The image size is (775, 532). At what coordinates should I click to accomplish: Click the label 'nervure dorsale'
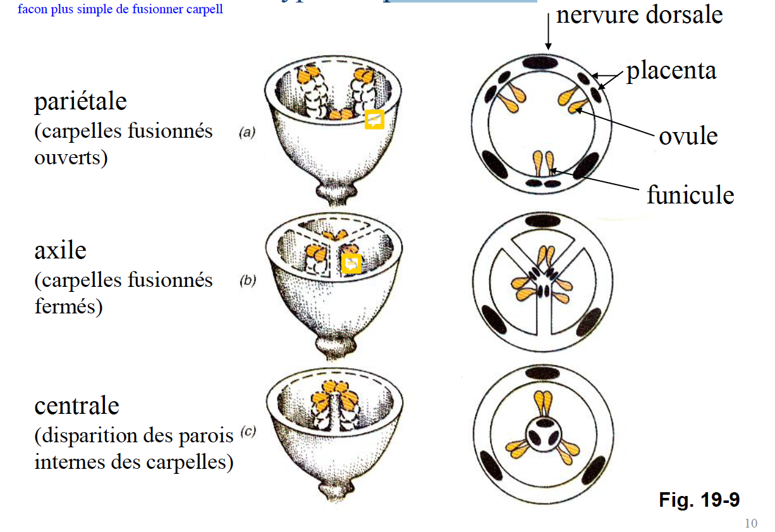click(x=639, y=15)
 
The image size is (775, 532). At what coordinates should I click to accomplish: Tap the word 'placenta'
click(x=671, y=70)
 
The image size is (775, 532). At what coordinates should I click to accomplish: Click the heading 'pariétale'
click(x=80, y=101)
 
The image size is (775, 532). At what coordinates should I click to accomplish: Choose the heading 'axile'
click(x=60, y=250)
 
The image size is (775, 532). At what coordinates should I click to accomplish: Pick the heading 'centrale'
click(x=76, y=405)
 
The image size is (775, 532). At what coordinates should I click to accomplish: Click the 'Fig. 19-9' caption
click(x=699, y=500)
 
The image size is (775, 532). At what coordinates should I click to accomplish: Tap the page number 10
click(x=751, y=523)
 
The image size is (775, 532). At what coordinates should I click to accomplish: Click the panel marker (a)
click(x=247, y=133)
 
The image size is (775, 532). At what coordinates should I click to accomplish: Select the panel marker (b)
click(x=247, y=281)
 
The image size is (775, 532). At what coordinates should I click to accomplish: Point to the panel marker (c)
click(x=247, y=432)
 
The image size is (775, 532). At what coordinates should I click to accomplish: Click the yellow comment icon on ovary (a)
click(x=375, y=119)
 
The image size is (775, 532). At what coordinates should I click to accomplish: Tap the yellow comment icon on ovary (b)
click(x=351, y=263)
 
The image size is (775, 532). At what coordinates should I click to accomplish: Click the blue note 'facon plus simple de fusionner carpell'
click(x=120, y=10)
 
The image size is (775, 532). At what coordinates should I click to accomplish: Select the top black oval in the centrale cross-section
click(x=542, y=373)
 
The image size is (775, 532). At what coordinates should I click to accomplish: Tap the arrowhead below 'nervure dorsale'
click(x=548, y=47)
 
